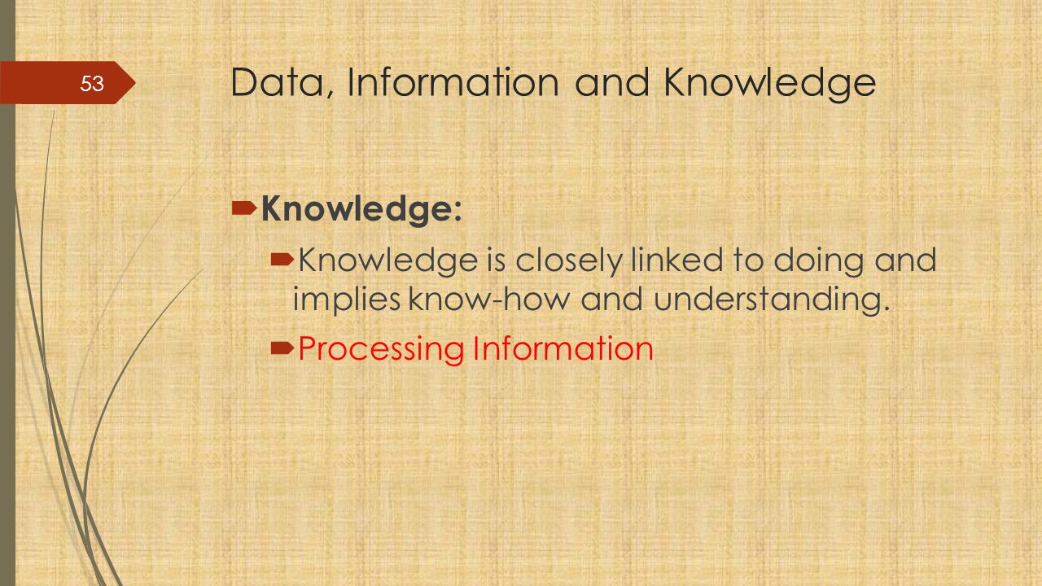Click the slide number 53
tap(92, 84)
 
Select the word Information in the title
tap(453, 82)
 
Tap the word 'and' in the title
tap(611, 82)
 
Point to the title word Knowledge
tap(770, 85)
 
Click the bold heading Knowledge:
tap(362, 210)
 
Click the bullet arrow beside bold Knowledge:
tap(244, 208)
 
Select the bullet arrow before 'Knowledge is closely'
tap(282, 260)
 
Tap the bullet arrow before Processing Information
tap(282, 348)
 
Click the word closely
tap(569, 260)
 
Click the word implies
tap(347, 300)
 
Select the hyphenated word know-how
tap(489, 299)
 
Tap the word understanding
tap(772, 300)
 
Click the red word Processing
tap(381, 350)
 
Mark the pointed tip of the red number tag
tap(135, 83)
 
